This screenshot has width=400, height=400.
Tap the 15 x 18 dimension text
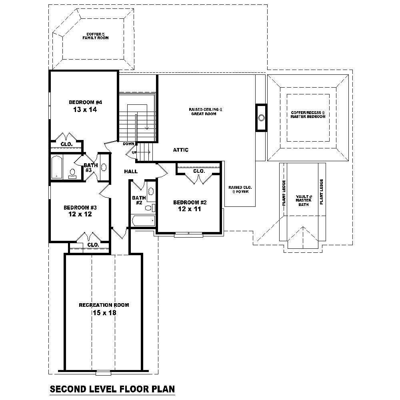point(104,313)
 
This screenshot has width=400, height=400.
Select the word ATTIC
point(180,150)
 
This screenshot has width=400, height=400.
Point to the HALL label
point(131,171)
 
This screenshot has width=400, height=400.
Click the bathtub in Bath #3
point(57,167)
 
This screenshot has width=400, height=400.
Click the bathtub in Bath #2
point(143,220)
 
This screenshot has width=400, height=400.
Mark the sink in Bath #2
point(151,191)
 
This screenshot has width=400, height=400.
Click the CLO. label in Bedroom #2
point(199,171)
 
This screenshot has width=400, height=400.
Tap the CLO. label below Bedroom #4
point(66,144)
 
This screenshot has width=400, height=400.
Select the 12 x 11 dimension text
point(187,208)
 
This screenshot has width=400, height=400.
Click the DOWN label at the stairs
point(128,144)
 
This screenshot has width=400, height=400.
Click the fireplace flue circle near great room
point(261,118)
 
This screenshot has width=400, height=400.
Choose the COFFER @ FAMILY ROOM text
point(96,36)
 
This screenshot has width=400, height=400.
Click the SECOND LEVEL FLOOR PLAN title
point(112,389)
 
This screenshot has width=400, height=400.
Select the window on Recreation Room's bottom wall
point(103,373)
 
